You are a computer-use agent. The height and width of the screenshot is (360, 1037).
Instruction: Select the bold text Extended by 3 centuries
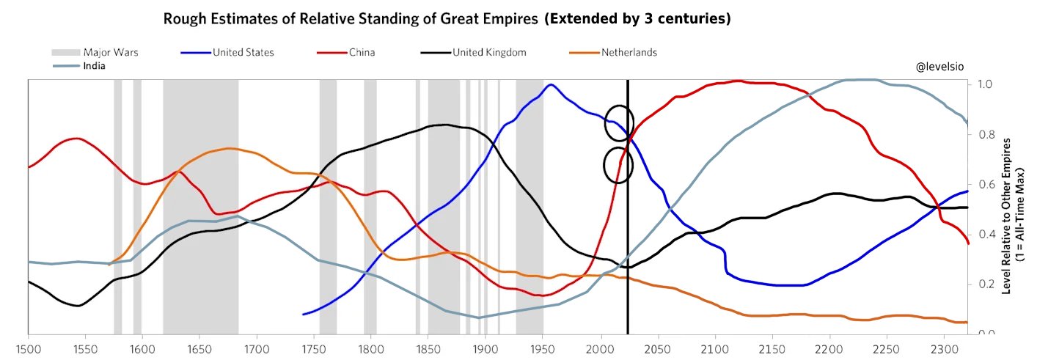[x=637, y=19]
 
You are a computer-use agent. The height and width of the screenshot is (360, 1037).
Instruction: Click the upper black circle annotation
[x=619, y=123]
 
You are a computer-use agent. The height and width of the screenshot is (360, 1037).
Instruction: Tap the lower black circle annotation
[x=618, y=165]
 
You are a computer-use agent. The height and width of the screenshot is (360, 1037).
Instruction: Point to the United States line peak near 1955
[x=550, y=84]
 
